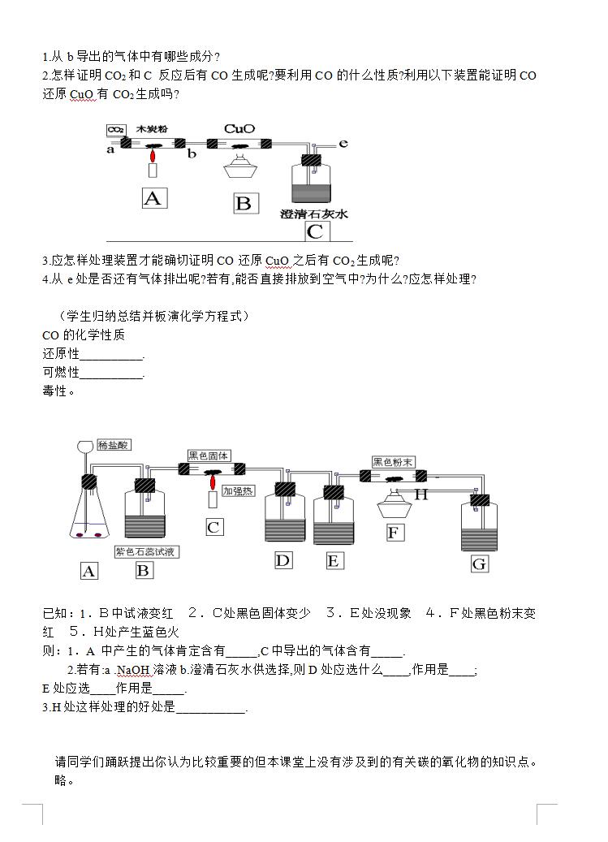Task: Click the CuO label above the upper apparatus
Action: [x=239, y=128]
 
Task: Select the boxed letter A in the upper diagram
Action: [x=153, y=197]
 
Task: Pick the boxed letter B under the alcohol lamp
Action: [x=243, y=203]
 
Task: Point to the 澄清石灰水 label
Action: [x=313, y=214]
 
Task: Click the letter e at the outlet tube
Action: [x=343, y=144]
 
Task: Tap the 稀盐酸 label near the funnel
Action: [x=113, y=445]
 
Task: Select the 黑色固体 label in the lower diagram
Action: [x=209, y=456]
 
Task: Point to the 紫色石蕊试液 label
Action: [x=147, y=551]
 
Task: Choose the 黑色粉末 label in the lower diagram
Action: [x=394, y=462]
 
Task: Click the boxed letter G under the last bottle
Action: [x=479, y=563]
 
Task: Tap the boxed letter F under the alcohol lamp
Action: [x=395, y=533]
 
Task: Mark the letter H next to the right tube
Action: [x=421, y=494]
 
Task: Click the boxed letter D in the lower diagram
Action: [x=282, y=559]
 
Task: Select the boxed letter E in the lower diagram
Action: [x=334, y=560]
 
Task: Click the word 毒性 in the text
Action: [x=55, y=391]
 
